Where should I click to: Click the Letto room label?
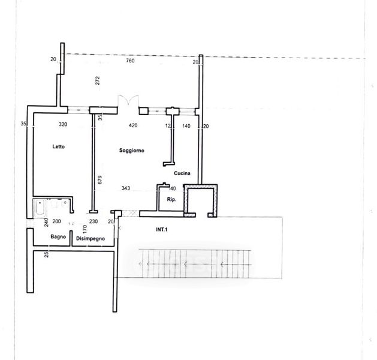coord(58,146)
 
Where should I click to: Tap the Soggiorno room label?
coord(132,151)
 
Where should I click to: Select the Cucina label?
coord(182,173)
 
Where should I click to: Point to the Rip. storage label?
coord(171,199)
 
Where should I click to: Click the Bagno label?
coord(58,237)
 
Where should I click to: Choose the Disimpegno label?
coord(91,238)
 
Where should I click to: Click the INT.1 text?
coord(162,230)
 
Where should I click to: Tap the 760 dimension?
coord(130,61)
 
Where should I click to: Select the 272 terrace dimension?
coord(97,80)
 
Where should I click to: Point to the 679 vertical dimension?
coord(99,180)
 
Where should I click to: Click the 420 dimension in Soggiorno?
coord(133,125)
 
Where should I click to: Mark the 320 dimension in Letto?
coord(63,124)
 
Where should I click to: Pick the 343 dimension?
coord(126,188)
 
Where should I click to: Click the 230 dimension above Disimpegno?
coord(94,221)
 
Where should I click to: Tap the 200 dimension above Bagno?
coord(57,221)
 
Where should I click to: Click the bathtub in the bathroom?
coord(40,208)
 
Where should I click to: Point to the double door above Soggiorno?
coord(128,101)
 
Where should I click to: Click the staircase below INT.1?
coord(195,264)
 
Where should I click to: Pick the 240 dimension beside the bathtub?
coord(46,223)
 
